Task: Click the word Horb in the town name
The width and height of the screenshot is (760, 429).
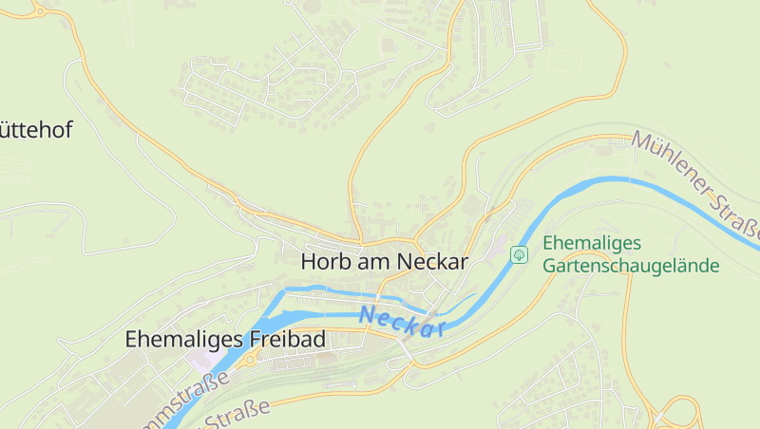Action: (x=322, y=262)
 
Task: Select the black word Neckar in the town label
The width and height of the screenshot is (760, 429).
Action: (x=432, y=262)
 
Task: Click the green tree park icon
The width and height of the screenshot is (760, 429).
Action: (x=519, y=254)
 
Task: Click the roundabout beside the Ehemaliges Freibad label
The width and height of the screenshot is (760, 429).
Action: (x=251, y=360)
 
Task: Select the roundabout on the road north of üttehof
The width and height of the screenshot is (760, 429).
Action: (x=38, y=9)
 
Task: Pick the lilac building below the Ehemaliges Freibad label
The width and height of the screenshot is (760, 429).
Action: (x=201, y=362)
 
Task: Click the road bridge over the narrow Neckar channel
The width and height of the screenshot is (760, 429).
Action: (x=381, y=289)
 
